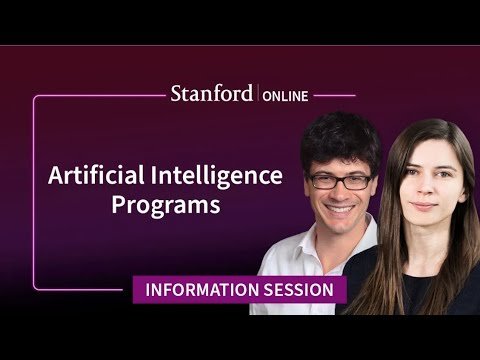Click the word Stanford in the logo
(x=212, y=93)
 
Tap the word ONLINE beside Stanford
(x=285, y=96)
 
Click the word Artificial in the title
(x=96, y=175)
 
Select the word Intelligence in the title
(x=217, y=177)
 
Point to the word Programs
(x=166, y=205)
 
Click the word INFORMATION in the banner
(x=202, y=290)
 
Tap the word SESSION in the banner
(x=299, y=290)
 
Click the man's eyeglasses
(x=340, y=181)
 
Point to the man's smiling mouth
(x=339, y=209)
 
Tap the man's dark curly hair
(x=340, y=140)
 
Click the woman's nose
(x=426, y=188)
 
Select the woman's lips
(x=424, y=206)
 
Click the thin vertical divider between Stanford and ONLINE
(x=258, y=93)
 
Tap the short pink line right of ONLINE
(x=334, y=96)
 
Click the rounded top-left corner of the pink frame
(x=35, y=98)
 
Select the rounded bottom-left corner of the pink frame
(x=35, y=287)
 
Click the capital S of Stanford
(x=176, y=94)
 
